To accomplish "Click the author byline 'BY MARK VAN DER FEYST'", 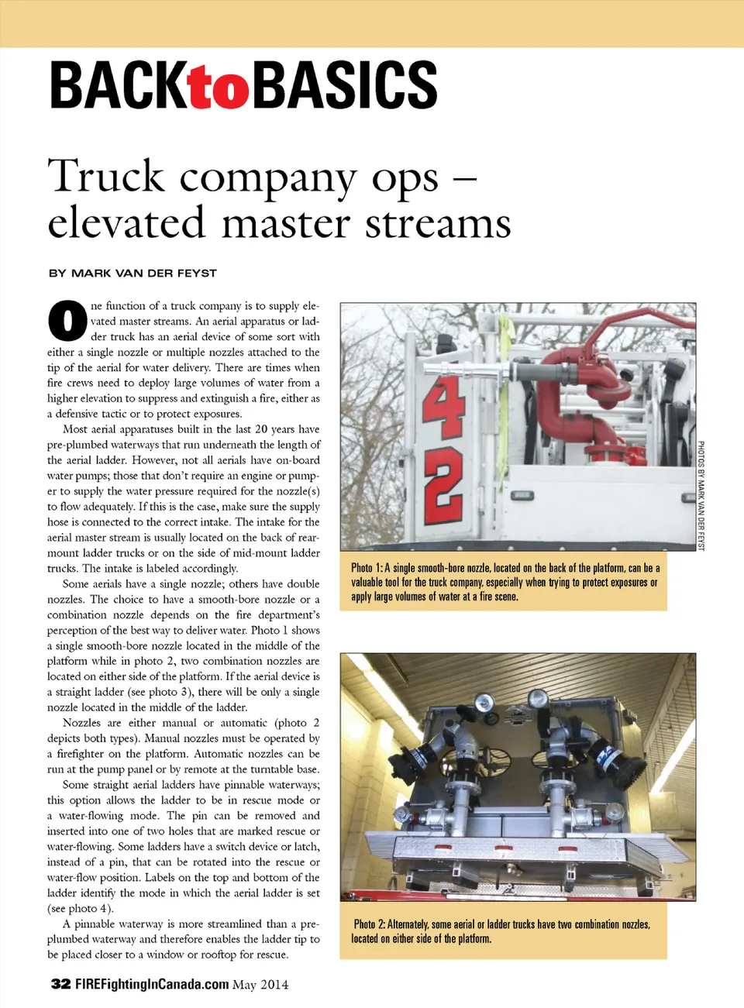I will tap(133, 273).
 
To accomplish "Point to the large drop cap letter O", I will tap(67, 320).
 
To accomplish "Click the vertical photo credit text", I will tap(701, 496).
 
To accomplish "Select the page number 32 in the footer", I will tap(60, 984).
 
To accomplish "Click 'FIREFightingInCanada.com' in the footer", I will tap(152, 984).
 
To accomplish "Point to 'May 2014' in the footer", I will tap(260, 985).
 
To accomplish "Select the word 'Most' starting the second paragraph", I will tap(75, 429).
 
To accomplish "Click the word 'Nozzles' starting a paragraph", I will tap(81, 723).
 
